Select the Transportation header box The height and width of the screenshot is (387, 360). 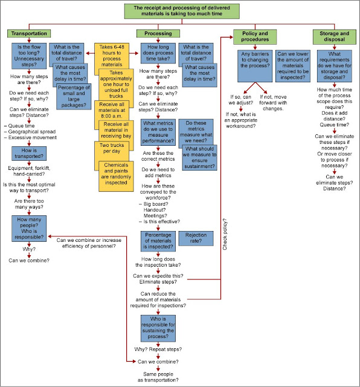pos(28,33)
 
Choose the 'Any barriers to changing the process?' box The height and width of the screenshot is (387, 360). pos(254,67)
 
